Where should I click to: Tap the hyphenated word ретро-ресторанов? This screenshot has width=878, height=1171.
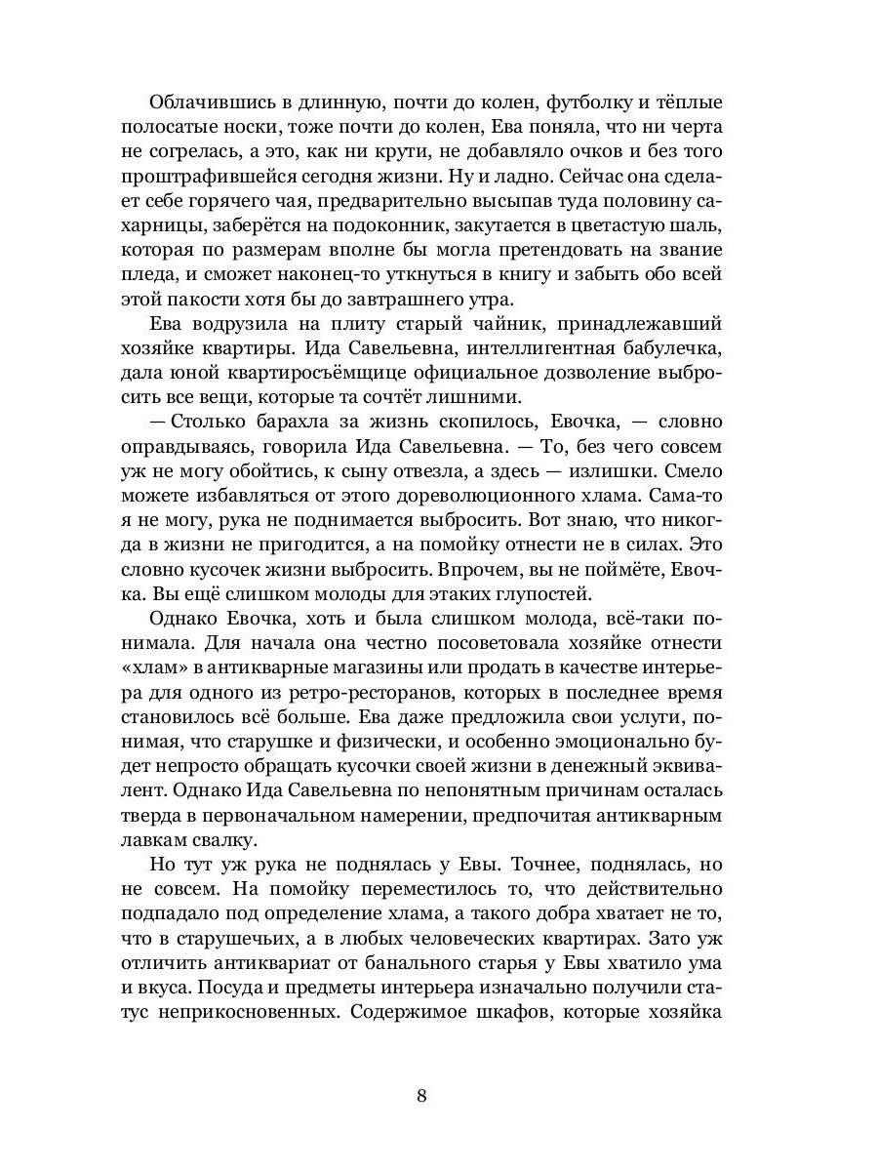coord(335,693)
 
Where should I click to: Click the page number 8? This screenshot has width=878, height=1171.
coord(421,1095)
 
